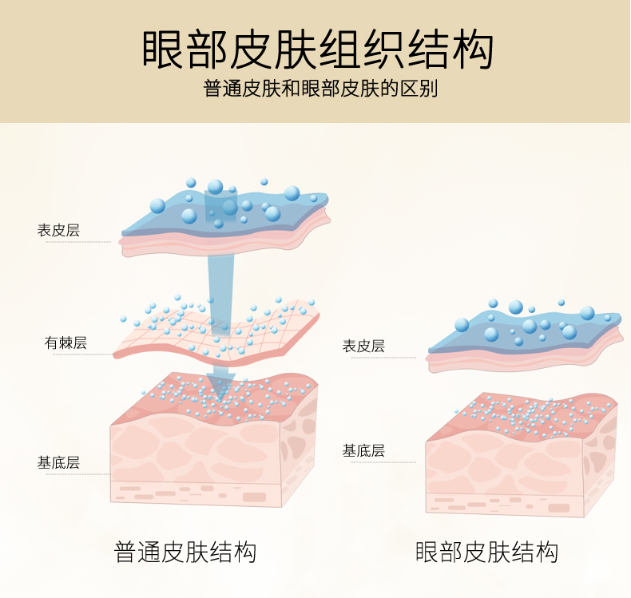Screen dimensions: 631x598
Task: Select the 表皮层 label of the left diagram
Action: pyautogui.click(x=58, y=231)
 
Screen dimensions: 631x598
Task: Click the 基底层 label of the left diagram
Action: pyautogui.click(x=58, y=462)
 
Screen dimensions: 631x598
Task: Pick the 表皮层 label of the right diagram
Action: pyautogui.click(x=363, y=346)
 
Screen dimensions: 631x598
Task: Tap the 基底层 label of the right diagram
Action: pyautogui.click(x=363, y=450)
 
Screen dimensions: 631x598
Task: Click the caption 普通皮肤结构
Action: pyautogui.click(x=185, y=552)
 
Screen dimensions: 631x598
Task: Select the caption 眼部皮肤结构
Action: pyautogui.click(x=486, y=552)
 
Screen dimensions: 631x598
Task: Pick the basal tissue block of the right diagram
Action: pyautogui.click(x=519, y=463)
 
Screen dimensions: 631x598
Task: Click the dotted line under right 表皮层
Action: pyautogui.click(x=379, y=358)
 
